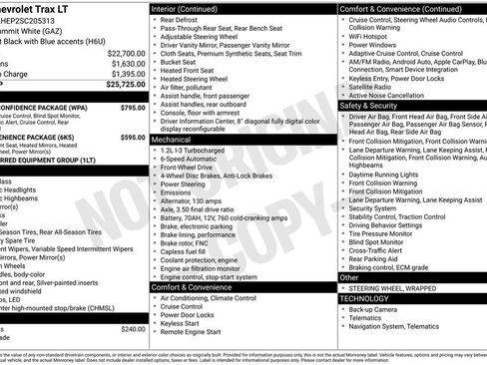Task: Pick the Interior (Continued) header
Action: [192, 8]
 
